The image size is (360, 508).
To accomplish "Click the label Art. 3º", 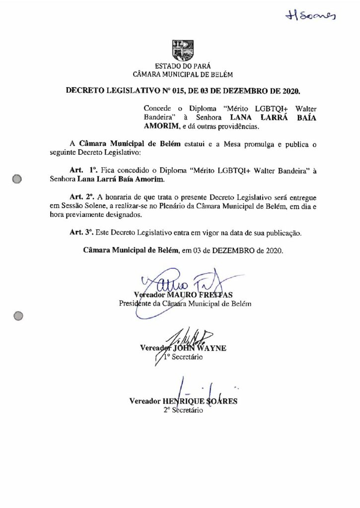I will pyautogui.click(x=80, y=232).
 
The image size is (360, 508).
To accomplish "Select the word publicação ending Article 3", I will pyautogui.click(x=282, y=232).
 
